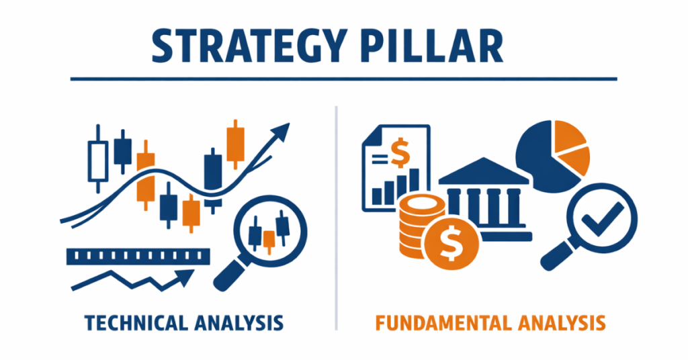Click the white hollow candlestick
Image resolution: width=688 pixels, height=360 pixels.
(x=98, y=156)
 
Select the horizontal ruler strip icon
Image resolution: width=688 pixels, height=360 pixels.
(x=138, y=256)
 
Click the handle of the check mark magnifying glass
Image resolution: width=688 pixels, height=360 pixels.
(x=556, y=255)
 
